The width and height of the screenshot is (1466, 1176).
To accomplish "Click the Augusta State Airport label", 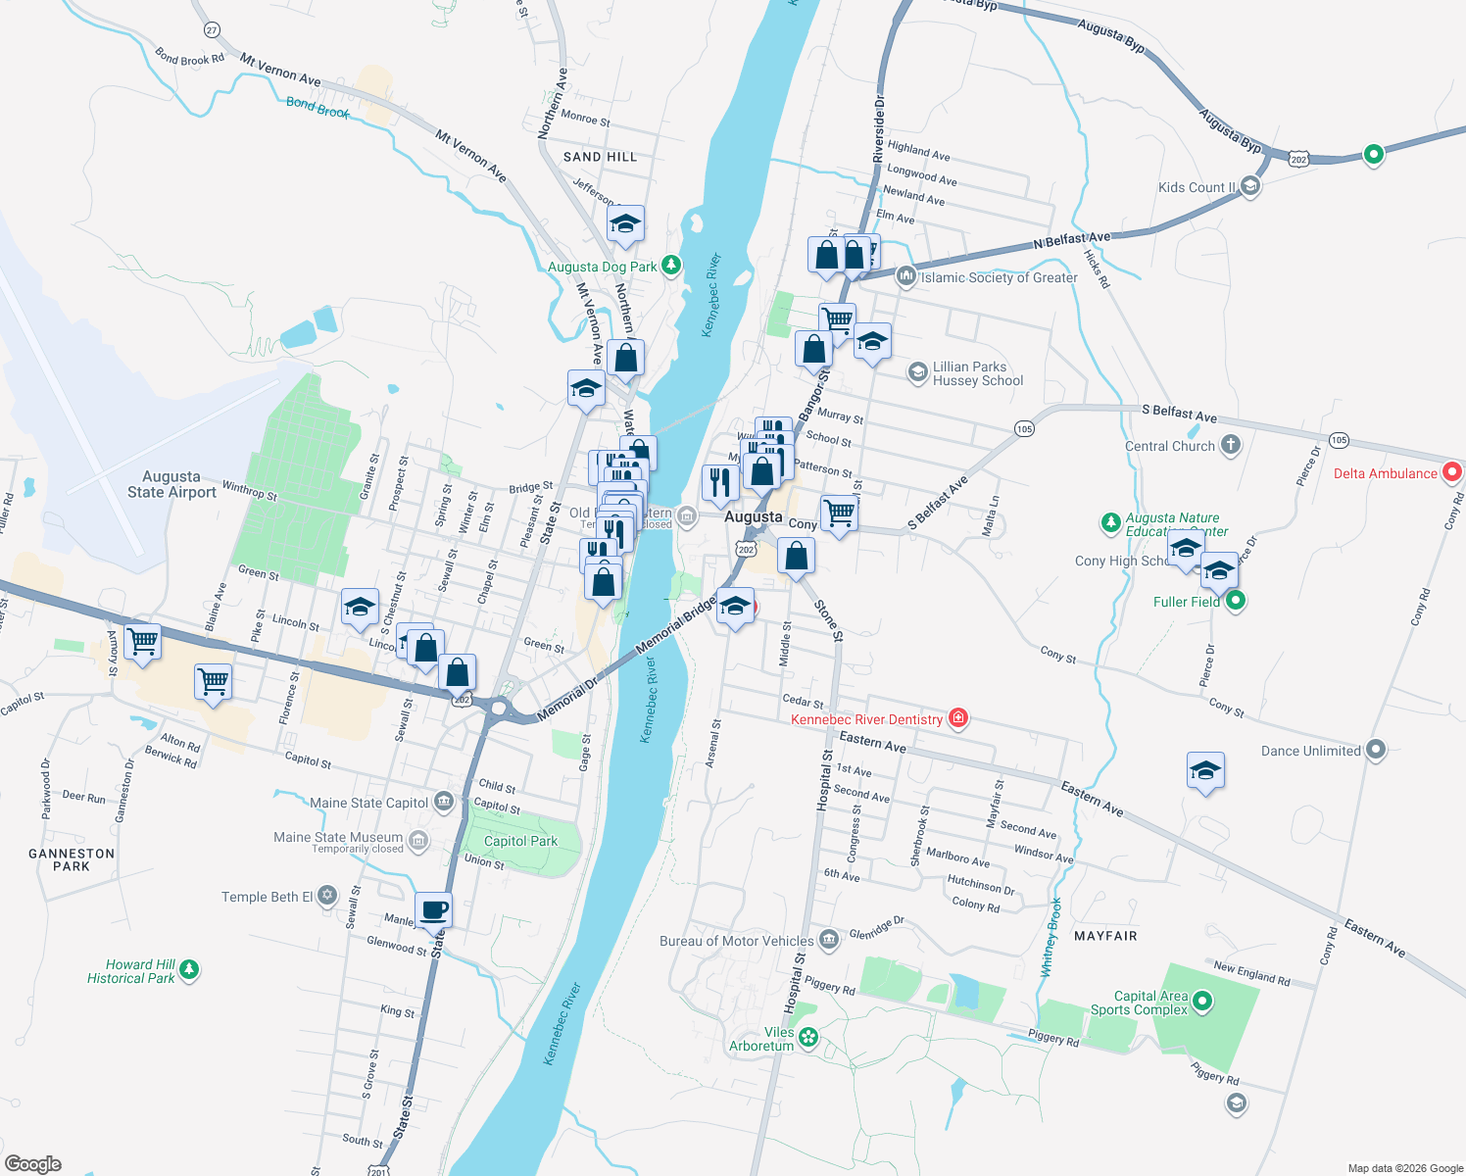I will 171,484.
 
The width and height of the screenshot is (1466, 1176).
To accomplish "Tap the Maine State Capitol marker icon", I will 444,803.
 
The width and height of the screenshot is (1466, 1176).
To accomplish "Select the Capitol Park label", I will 520,841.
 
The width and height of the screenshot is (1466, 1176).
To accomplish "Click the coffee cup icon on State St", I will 433,910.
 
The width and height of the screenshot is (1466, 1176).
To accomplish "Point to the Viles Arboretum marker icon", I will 808,1037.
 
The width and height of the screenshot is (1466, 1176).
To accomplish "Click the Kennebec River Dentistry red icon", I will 958,719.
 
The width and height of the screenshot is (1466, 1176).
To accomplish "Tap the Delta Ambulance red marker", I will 1453,472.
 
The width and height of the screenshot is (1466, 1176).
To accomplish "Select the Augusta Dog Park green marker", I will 671,265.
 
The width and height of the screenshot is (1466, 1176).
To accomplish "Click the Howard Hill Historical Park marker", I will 190,970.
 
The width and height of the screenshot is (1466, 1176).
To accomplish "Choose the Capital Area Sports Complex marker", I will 1203,1002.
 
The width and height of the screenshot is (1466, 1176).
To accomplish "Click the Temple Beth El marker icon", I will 327,895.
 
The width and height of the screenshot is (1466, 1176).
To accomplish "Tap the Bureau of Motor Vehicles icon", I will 829,941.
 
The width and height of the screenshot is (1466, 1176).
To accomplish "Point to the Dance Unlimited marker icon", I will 1376,751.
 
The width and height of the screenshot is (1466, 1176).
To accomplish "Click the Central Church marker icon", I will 1231,445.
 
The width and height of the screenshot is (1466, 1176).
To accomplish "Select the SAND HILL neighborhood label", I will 600,157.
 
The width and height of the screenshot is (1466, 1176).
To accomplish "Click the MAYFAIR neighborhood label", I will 1105,936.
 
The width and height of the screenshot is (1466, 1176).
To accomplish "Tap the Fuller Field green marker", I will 1236,601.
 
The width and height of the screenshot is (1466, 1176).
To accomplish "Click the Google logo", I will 33,1164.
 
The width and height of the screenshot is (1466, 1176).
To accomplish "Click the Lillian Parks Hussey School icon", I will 917,371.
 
